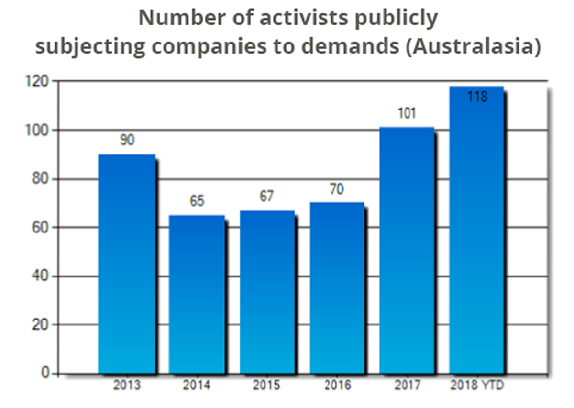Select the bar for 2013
click(127, 264)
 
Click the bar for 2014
click(197, 294)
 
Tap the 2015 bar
click(267, 292)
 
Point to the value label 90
click(127, 141)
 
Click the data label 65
click(197, 201)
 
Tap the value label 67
click(266, 197)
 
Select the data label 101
click(407, 114)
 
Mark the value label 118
click(477, 97)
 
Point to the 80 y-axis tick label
click(40, 179)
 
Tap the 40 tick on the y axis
click(40, 276)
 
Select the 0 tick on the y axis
click(45, 373)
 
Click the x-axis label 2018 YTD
click(477, 386)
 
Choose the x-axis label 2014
click(197, 386)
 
